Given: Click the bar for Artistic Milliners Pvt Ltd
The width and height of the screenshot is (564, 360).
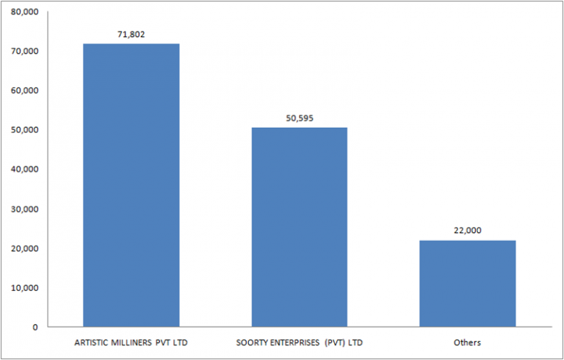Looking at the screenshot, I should pyautogui.click(x=131, y=184).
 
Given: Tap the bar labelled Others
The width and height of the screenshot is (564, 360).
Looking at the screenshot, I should pyautogui.click(x=467, y=283).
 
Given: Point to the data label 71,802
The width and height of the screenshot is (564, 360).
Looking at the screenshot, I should pyautogui.click(x=131, y=35).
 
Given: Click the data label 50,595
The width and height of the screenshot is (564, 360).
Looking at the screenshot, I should pyautogui.click(x=299, y=118).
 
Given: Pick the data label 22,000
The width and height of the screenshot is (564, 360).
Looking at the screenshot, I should pyautogui.click(x=467, y=230).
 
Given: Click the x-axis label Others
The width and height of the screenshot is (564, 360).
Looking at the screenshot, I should pyautogui.click(x=467, y=343).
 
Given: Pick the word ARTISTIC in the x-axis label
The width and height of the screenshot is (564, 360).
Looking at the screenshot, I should pyautogui.click(x=93, y=343).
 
